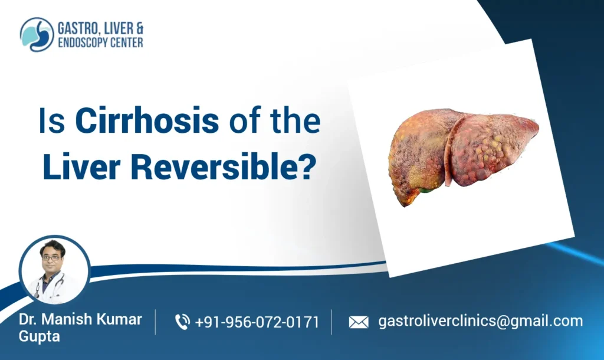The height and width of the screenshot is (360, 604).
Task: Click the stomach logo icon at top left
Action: (37, 34)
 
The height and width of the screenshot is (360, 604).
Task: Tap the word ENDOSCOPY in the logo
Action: (82, 42)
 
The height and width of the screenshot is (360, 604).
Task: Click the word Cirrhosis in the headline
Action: (147, 122)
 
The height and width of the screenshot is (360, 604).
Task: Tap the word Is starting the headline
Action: (50, 122)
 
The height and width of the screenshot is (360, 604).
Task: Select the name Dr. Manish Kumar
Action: (80, 319)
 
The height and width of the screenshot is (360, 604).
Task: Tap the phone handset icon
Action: (182, 322)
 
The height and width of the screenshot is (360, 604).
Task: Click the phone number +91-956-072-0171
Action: (257, 322)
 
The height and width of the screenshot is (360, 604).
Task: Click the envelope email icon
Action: (358, 322)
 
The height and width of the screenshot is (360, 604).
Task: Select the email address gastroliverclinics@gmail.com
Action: (480, 321)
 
